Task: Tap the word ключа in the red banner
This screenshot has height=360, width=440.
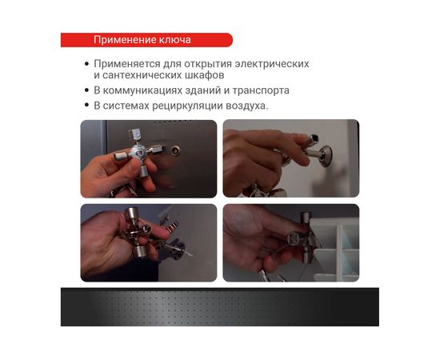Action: (x=174, y=40)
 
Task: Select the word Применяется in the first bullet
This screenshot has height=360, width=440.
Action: (x=128, y=63)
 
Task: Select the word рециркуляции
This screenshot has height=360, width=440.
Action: (x=185, y=106)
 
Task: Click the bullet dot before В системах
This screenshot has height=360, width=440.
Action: (x=86, y=106)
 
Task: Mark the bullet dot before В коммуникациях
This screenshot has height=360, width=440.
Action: (x=86, y=90)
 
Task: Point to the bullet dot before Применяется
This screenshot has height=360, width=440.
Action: (x=86, y=63)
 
